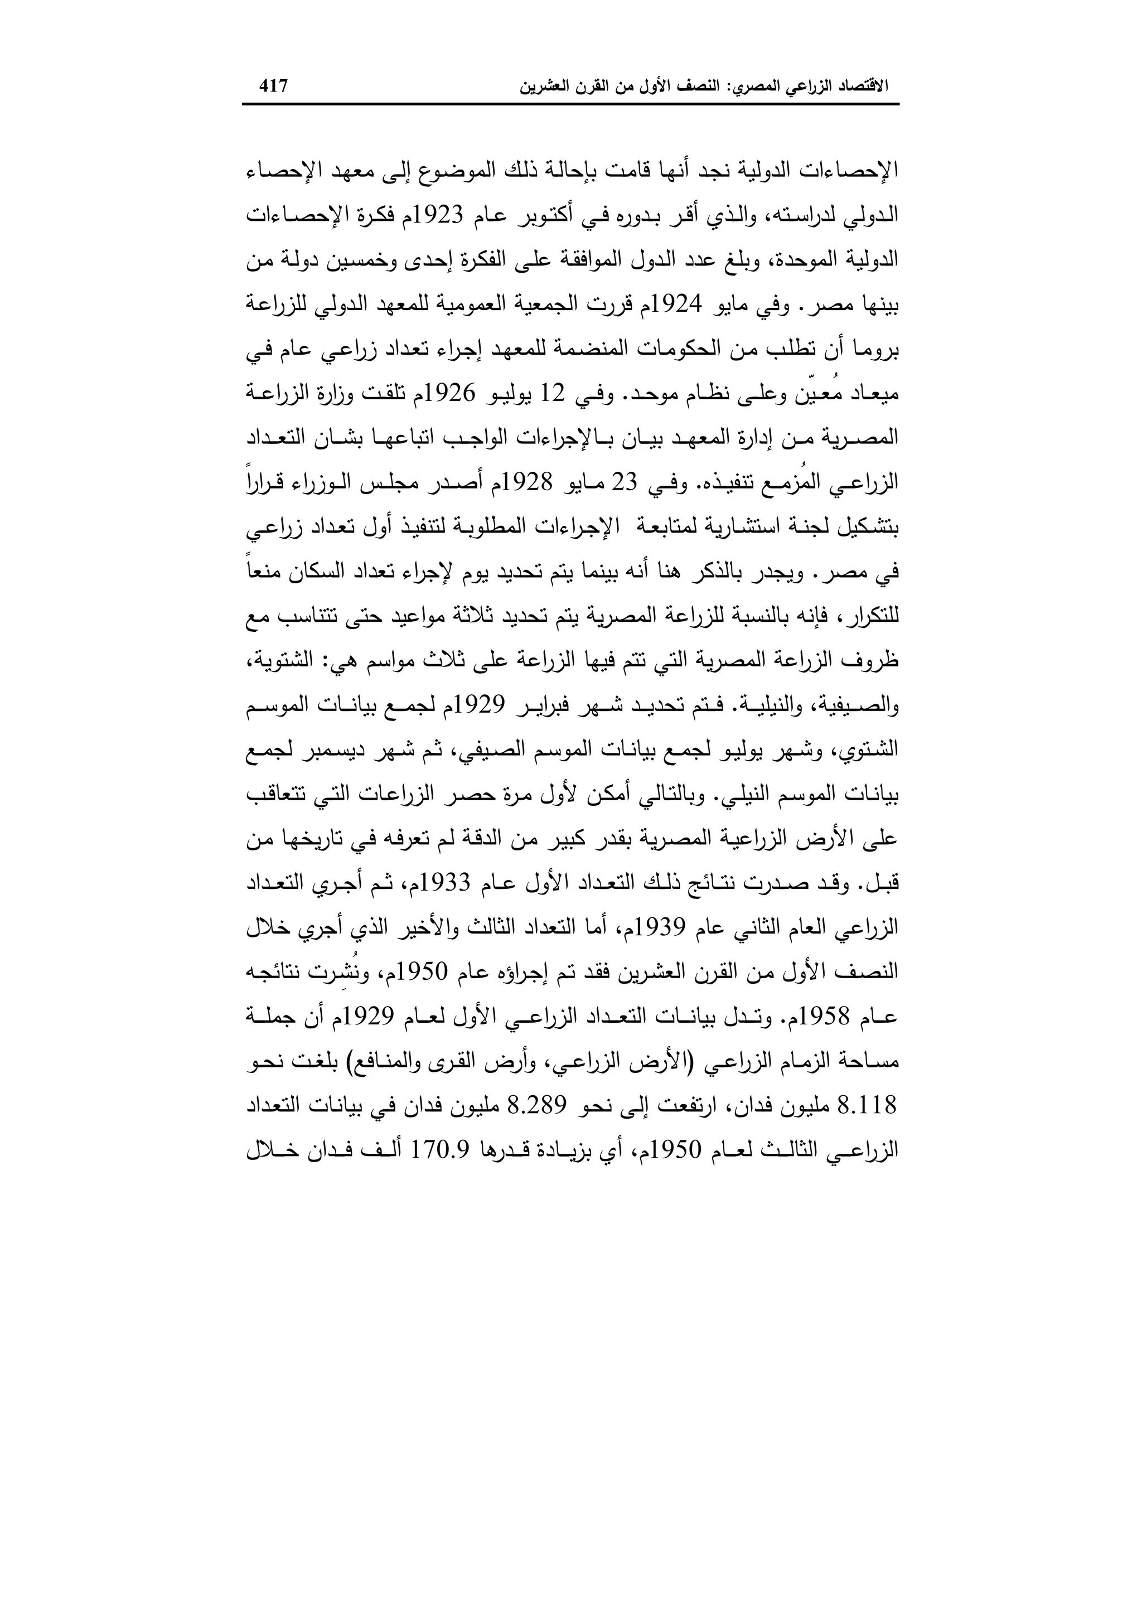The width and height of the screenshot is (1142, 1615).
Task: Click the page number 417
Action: [274, 86]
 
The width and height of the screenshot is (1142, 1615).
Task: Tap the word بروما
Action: [876, 349]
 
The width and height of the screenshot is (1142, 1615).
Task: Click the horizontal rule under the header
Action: [570, 105]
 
